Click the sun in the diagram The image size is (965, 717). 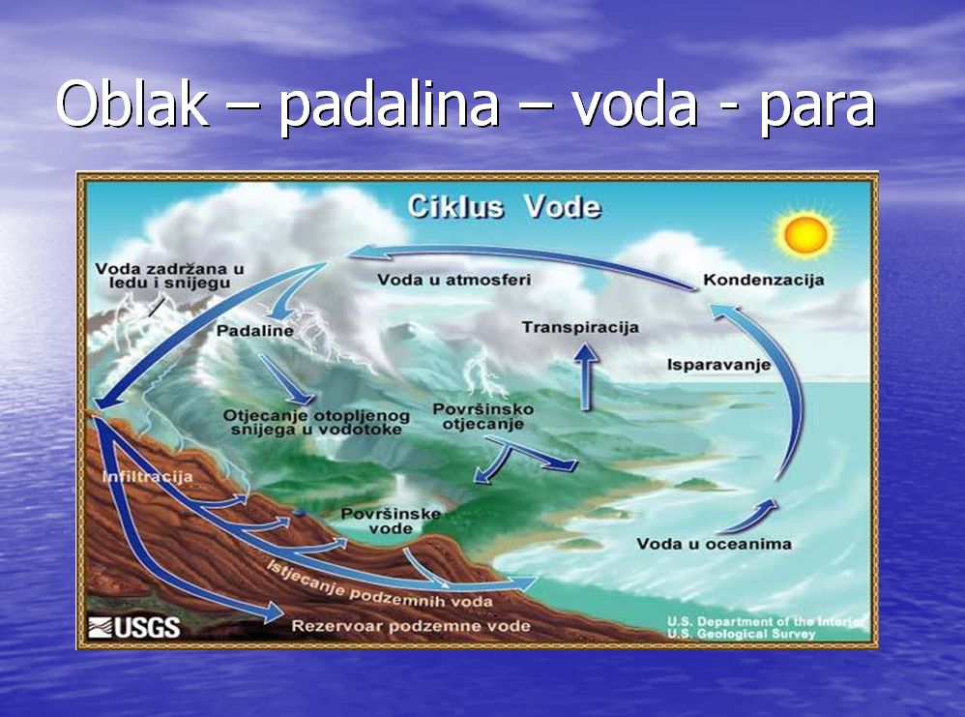(805, 234)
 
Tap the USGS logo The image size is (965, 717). (133, 628)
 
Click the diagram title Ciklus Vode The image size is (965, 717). (504, 207)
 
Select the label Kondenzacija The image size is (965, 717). (763, 281)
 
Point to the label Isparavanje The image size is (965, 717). (718, 365)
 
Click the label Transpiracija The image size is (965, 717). (580, 327)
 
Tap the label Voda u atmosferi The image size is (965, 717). (453, 280)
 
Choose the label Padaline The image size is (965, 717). (255, 331)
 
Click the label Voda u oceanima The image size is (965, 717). (714, 544)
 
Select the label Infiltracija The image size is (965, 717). (147, 477)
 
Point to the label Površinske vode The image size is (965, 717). (391, 522)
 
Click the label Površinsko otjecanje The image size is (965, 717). (482, 416)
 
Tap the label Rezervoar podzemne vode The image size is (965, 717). (411, 626)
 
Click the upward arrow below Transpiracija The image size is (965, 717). (586, 377)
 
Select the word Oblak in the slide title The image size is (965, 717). (132, 104)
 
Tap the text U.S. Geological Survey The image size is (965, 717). (741, 635)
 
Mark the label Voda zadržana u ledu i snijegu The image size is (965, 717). (169, 276)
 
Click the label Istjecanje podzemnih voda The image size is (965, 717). (379, 583)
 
